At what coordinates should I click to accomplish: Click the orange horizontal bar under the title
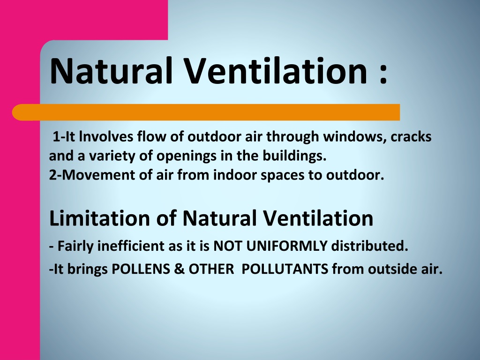click(x=206, y=112)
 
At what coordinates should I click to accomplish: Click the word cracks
click(x=411, y=136)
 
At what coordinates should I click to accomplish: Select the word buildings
click(x=294, y=156)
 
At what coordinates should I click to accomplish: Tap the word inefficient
click(x=131, y=246)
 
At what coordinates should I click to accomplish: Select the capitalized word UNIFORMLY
click(x=287, y=246)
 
